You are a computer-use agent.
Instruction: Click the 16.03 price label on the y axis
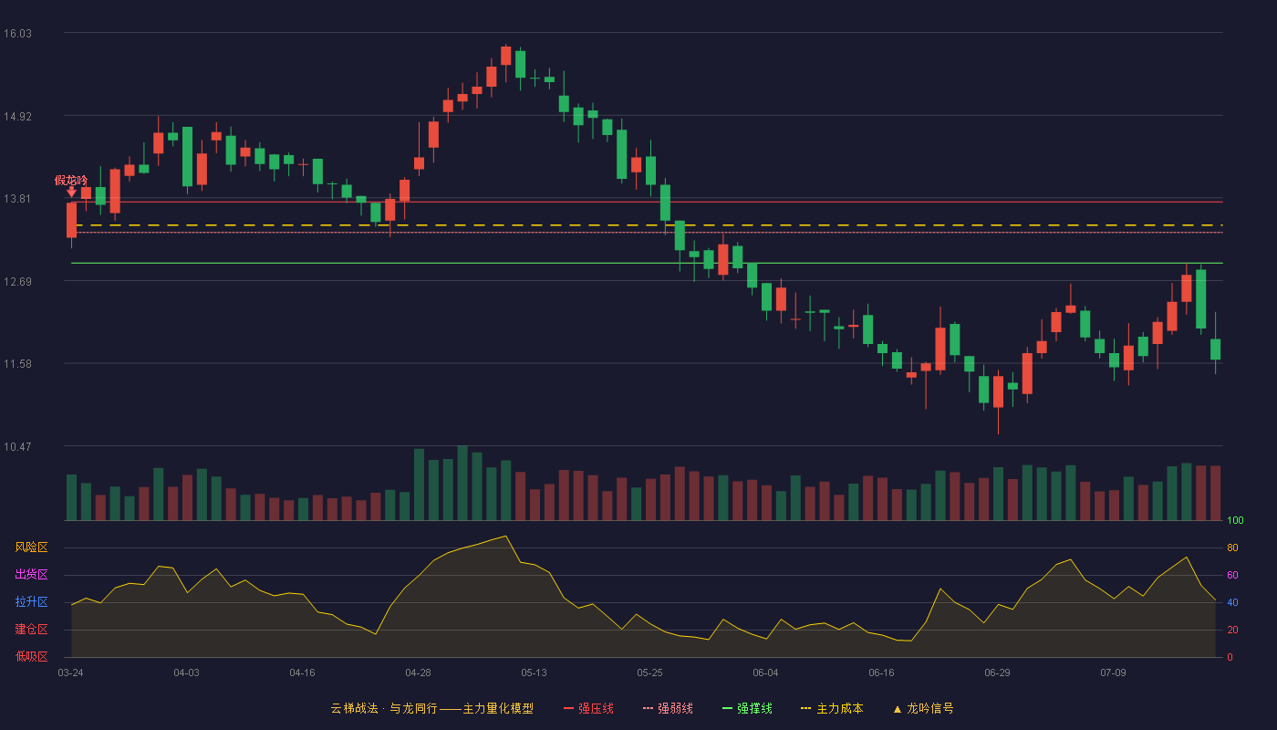(17, 33)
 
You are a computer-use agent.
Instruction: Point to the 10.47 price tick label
(17, 446)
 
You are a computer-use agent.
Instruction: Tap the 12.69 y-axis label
(17, 281)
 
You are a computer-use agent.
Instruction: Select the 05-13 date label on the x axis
(534, 673)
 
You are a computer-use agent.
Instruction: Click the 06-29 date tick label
(997, 673)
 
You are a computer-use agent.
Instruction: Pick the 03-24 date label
(71, 673)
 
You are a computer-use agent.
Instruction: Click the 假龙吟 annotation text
(71, 181)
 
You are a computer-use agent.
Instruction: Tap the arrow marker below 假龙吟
(71, 193)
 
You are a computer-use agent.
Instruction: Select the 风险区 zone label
(31, 547)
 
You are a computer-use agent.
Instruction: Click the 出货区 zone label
(31, 574)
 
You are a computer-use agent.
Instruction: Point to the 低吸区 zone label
(31, 656)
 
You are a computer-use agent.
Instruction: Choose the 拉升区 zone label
(31, 601)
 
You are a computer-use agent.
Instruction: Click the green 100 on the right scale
(1235, 520)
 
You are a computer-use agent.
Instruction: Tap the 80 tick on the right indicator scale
(1232, 547)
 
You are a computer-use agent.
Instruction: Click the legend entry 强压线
(589, 708)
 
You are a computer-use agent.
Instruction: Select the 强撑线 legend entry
(747, 708)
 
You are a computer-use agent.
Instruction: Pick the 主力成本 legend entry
(832, 708)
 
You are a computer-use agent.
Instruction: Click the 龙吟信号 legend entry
(923, 708)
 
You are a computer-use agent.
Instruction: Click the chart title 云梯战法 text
(354, 708)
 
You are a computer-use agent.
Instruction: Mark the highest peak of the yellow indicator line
(505, 537)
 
